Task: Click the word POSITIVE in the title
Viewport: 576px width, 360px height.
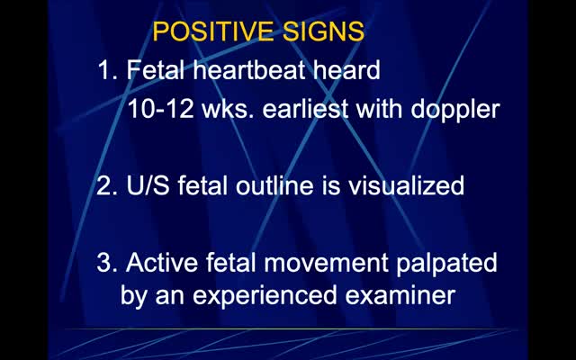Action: pyautogui.click(x=213, y=31)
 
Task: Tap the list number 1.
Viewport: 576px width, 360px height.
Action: pyautogui.click(x=107, y=70)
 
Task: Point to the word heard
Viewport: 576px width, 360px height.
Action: pyautogui.click(x=346, y=70)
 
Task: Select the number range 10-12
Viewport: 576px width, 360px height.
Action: pyautogui.click(x=161, y=109)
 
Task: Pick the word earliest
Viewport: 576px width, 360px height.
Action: pyautogui.click(x=305, y=109)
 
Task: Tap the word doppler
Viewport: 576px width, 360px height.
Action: pyautogui.click(x=455, y=110)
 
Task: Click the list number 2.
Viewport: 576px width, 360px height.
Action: pyautogui.click(x=107, y=185)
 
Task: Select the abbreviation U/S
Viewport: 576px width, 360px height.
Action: pyautogui.click(x=148, y=185)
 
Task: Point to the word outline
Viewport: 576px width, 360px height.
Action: pyautogui.click(x=274, y=185)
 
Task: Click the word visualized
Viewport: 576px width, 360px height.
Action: pyautogui.click(x=406, y=185)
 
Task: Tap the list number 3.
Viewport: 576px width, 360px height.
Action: pyautogui.click(x=107, y=262)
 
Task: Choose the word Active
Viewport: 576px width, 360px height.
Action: pyautogui.click(x=162, y=262)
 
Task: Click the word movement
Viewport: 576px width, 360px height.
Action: pyautogui.click(x=326, y=263)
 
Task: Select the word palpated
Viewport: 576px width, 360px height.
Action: pyautogui.click(x=446, y=264)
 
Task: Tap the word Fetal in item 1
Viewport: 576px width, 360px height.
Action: pyautogui.click(x=156, y=70)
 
